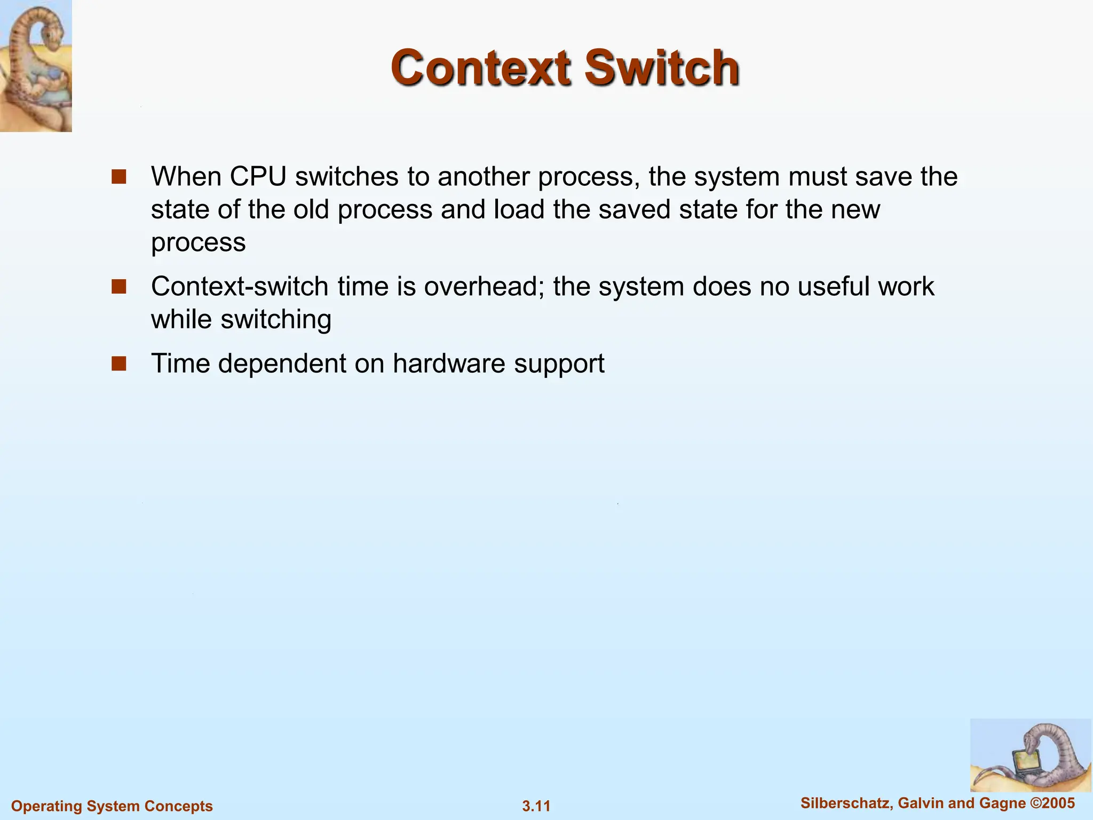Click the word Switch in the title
[662, 68]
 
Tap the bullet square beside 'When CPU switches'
[118, 177]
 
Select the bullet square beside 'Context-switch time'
[118, 287]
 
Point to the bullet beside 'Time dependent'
[118, 364]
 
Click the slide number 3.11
[536, 806]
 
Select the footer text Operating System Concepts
[112, 806]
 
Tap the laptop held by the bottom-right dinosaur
[1025, 764]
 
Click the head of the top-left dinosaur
[51, 32]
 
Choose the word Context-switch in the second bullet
[240, 287]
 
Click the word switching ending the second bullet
[276, 320]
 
